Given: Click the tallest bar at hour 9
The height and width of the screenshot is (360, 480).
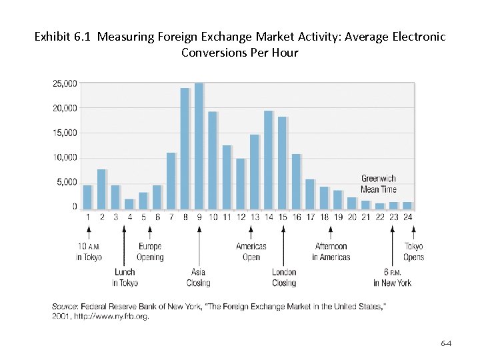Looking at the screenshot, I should (199, 147).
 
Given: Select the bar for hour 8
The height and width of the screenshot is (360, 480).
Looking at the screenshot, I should (185, 149).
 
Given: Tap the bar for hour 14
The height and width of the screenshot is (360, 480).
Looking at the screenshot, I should (269, 160).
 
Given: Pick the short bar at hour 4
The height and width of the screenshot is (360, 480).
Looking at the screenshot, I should (129, 204).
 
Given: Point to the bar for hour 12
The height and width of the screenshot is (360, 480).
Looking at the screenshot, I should (241, 184).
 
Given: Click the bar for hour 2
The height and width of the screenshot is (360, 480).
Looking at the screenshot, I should (101, 189).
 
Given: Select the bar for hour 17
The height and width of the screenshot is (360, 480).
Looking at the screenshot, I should (310, 194).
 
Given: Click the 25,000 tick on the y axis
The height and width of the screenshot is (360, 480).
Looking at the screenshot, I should (65, 83).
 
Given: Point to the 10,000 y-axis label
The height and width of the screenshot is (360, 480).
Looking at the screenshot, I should (65, 157).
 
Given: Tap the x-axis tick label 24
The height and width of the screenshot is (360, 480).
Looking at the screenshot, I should (407, 217).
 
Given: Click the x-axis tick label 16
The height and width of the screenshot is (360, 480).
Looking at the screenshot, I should (296, 217).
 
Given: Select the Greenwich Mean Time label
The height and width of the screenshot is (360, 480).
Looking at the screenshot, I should (378, 184).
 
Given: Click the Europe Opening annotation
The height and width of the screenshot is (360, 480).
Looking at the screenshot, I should (150, 251).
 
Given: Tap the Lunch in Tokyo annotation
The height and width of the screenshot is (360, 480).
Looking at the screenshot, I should (125, 277).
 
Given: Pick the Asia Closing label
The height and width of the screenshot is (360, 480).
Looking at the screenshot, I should (199, 277).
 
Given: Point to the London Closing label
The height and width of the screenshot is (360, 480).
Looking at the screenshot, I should (284, 277).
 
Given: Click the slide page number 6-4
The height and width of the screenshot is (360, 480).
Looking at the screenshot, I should (446, 343).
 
